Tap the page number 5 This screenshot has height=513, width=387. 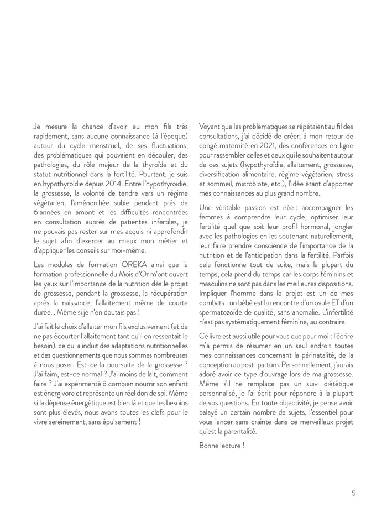coord(353,493)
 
